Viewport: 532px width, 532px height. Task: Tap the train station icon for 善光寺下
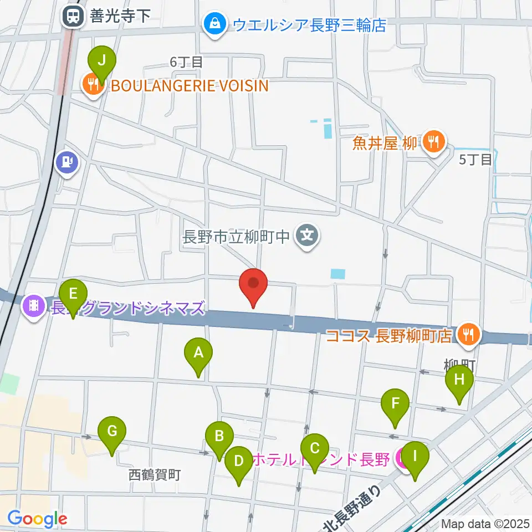pyautogui.click(x=71, y=16)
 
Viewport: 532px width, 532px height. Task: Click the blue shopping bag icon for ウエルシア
pyautogui.click(x=213, y=24)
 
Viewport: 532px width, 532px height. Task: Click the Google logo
pyautogui.click(x=37, y=519)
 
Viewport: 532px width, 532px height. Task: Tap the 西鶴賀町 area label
pyautogui.click(x=155, y=475)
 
